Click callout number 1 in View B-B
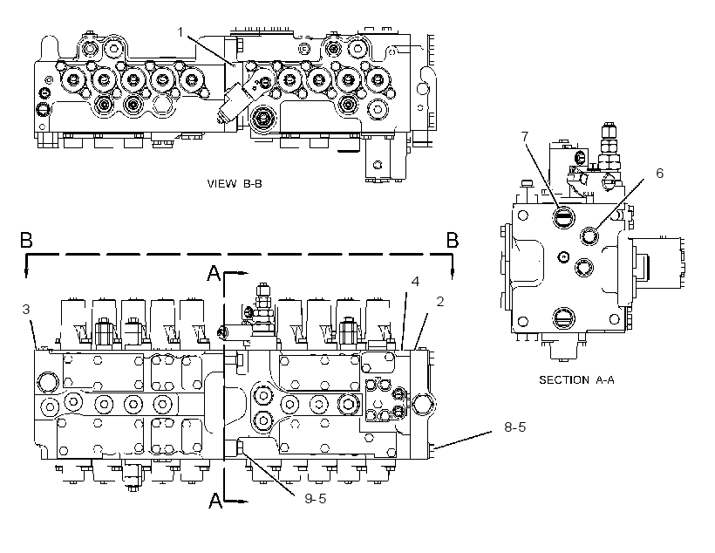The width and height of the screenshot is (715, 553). pyautogui.click(x=180, y=32)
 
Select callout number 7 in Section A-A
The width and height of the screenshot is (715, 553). pyautogui.click(x=524, y=136)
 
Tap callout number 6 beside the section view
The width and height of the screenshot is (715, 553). pyautogui.click(x=659, y=173)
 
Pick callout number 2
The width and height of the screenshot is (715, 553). pyautogui.click(x=440, y=301)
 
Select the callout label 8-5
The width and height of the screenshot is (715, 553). pyautogui.click(x=514, y=427)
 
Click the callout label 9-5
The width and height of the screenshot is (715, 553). pyautogui.click(x=316, y=499)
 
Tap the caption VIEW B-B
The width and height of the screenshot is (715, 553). pyautogui.click(x=235, y=184)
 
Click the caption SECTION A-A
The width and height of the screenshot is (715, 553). pyautogui.click(x=577, y=380)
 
